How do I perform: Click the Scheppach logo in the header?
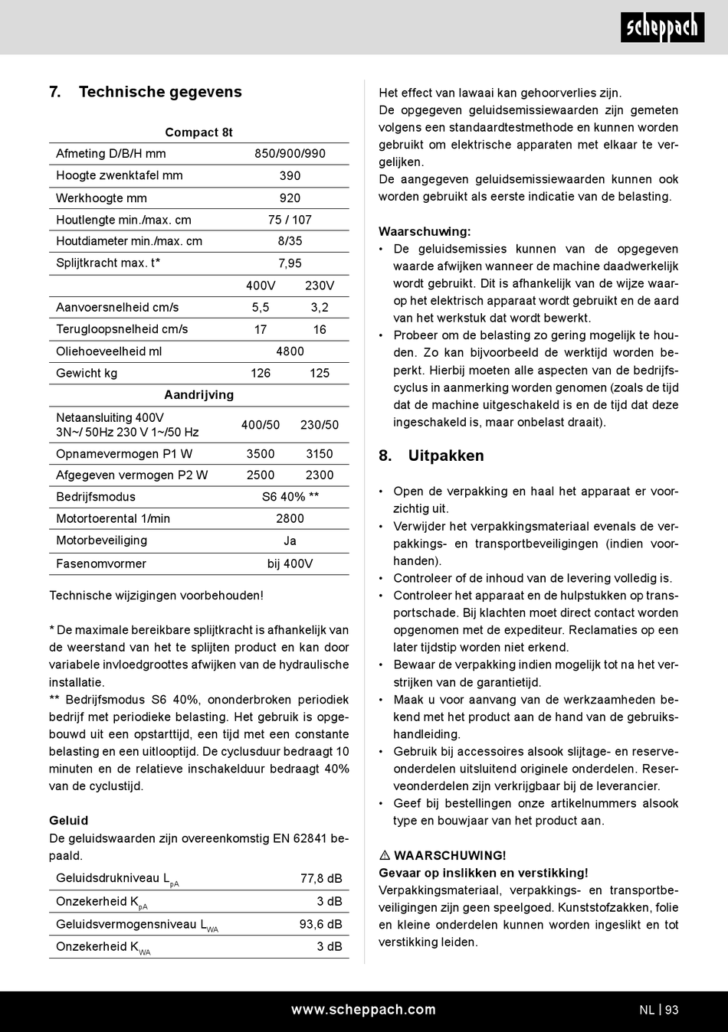[x=662, y=28]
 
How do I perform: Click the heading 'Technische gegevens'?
[x=160, y=92]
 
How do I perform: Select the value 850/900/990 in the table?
[x=290, y=153]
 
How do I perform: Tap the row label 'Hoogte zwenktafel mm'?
[x=120, y=175]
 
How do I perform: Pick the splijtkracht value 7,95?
[x=290, y=263]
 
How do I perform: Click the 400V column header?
[x=261, y=286]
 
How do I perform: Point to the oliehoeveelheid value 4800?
[x=290, y=351]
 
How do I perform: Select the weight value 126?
[x=261, y=373]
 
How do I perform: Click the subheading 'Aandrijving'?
[x=198, y=395]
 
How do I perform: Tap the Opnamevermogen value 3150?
[x=320, y=453]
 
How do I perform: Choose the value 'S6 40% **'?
[x=290, y=496]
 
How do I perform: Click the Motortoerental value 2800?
[x=290, y=518]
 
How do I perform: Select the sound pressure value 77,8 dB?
[x=321, y=878]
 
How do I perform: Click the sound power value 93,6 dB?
[x=320, y=924]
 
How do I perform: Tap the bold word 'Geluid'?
[x=69, y=821]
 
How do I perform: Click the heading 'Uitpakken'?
[x=446, y=456]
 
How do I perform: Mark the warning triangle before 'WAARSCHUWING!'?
[x=385, y=855]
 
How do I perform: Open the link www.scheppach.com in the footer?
[x=363, y=1010]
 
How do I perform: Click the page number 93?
[x=672, y=1010]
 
